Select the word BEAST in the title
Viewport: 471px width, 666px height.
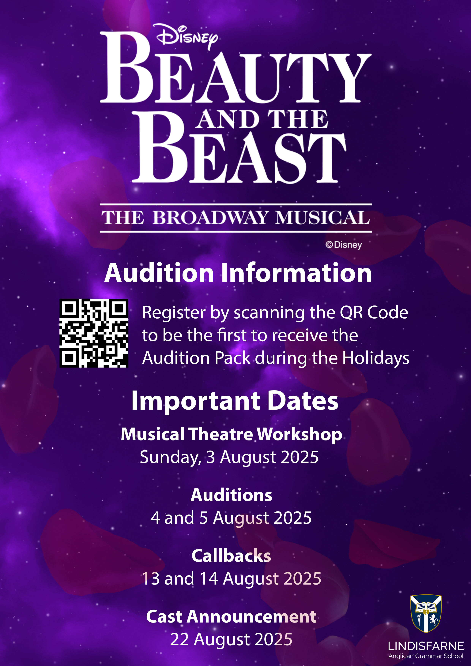pyautogui.click(x=239, y=148)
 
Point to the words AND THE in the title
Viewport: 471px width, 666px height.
pyautogui.click(x=262, y=119)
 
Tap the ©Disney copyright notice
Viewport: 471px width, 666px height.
pyautogui.click(x=344, y=245)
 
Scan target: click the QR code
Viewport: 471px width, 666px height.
pyautogui.click(x=94, y=333)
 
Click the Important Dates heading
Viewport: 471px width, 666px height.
pyautogui.click(x=235, y=401)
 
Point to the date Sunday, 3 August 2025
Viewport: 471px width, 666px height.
pyautogui.click(x=229, y=457)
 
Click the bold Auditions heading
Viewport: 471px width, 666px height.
pyautogui.click(x=232, y=495)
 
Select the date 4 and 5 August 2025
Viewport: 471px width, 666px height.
pyautogui.click(x=231, y=518)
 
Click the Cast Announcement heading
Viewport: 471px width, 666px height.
pyautogui.click(x=231, y=616)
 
